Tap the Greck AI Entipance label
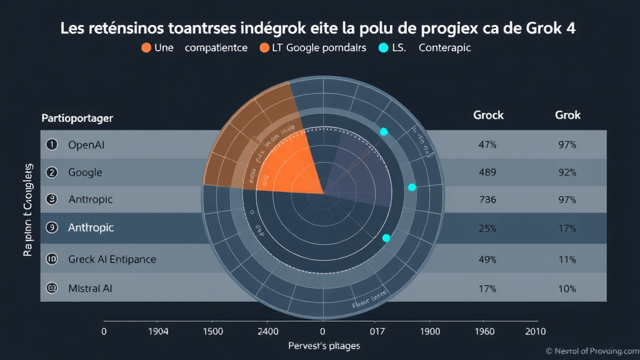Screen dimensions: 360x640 (x=112, y=259)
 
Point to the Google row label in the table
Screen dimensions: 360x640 (x=85, y=172)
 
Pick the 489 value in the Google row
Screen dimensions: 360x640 (x=487, y=172)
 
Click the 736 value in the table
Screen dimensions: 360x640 (x=487, y=200)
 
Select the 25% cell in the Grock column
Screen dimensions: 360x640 (x=487, y=228)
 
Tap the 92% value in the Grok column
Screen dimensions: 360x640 (x=567, y=172)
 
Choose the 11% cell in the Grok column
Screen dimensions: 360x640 (x=567, y=259)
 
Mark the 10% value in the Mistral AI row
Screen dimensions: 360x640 (x=567, y=288)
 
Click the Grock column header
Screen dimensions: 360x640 (x=488, y=115)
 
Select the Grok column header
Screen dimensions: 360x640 (x=567, y=115)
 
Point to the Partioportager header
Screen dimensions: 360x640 (x=77, y=117)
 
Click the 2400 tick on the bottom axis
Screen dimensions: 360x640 (x=267, y=331)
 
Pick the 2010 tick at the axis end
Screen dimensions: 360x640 (x=535, y=331)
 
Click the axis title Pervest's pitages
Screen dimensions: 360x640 (x=324, y=346)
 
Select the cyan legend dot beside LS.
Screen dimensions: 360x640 (x=383, y=47)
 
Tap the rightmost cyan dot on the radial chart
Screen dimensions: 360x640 (x=411, y=187)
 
